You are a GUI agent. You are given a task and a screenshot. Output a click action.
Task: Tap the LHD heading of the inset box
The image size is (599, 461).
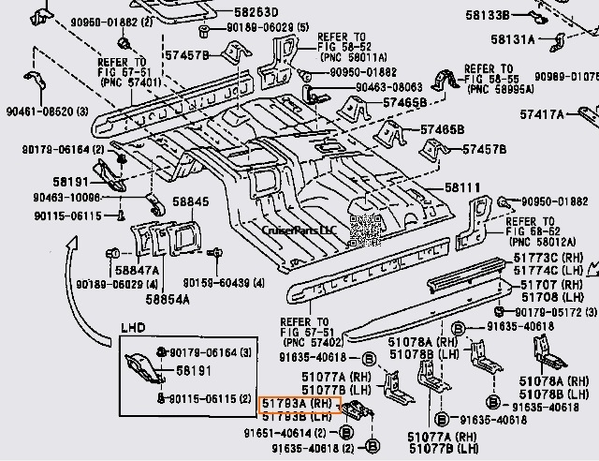133,328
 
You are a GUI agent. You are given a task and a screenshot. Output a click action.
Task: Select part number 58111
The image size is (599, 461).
462,187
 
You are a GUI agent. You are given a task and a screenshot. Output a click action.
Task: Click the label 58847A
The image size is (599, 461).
138,270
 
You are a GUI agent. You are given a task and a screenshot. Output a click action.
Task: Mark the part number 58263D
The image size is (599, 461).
229,13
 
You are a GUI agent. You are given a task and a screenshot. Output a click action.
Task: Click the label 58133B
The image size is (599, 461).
488,16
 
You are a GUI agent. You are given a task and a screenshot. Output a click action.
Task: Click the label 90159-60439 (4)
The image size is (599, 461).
222,283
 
